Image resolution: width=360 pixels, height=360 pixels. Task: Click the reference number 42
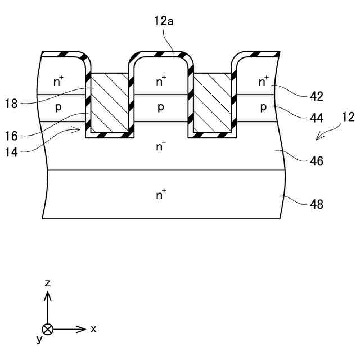coord(317,96)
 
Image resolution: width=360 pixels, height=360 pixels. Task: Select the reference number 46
coord(317,161)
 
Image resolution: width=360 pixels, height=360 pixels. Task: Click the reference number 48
coord(317,204)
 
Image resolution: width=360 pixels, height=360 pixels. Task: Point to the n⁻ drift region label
coord(161,146)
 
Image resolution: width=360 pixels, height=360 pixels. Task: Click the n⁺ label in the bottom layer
coord(161,195)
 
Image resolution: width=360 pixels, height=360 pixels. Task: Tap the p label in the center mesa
coord(161,107)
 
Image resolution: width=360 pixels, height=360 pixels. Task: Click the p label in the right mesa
coord(264,107)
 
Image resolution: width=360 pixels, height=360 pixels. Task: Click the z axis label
coord(48,283)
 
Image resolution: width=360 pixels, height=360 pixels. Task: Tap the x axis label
coord(93,328)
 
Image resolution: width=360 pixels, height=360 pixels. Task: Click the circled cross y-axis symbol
coord(48,328)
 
